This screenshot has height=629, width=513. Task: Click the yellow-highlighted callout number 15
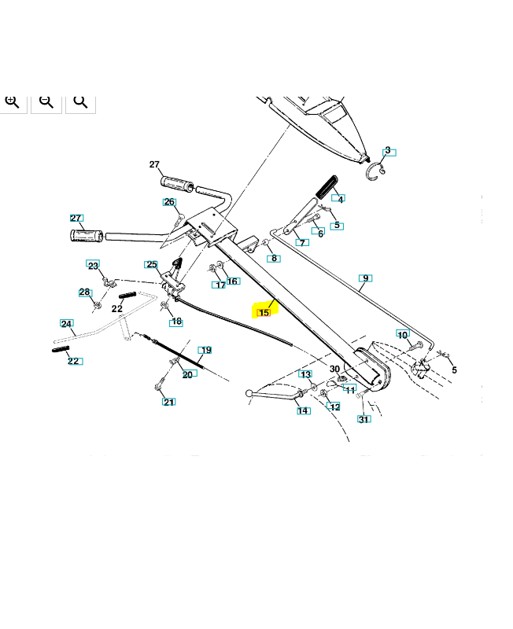coord(264,312)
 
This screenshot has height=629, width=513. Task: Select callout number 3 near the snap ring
coord(388,151)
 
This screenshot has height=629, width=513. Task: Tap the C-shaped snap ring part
coord(375,171)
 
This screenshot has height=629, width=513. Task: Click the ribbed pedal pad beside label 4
coord(325,188)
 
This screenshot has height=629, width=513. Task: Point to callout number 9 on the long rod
coord(364,278)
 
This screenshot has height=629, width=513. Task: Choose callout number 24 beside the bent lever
coord(67,324)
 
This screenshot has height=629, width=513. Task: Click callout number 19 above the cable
coord(205,350)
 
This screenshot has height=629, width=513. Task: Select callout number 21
coord(169,402)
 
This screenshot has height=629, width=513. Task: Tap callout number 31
coord(364,419)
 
